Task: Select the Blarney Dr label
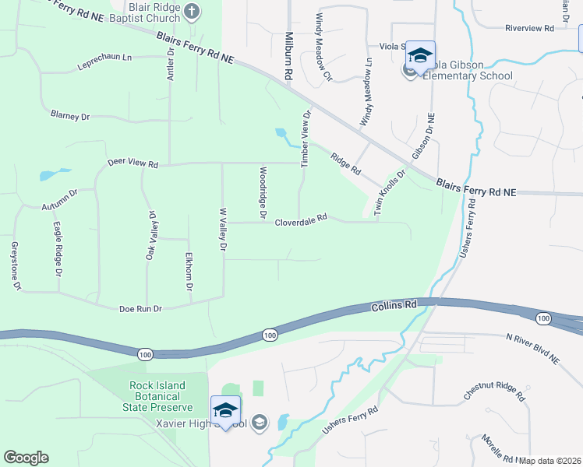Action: click(70, 116)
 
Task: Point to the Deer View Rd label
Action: click(132, 164)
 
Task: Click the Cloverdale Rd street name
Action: click(300, 221)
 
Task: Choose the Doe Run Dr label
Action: click(140, 309)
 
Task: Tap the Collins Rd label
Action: click(394, 306)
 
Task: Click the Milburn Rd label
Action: click(288, 58)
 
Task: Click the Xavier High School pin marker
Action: click(225, 410)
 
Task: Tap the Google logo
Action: click(26, 458)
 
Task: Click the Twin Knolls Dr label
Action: click(389, 194)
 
